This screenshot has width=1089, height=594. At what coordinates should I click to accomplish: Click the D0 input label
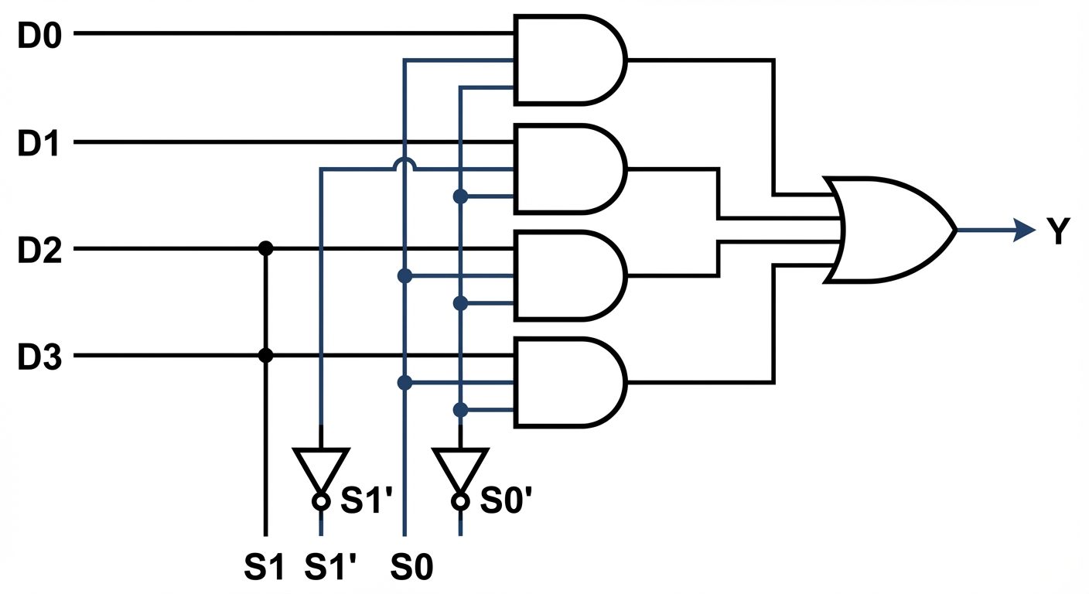click(39, 36)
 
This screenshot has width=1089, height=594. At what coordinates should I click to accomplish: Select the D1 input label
click(39, 144)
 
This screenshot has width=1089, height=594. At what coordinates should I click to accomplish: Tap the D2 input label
click(39, 250)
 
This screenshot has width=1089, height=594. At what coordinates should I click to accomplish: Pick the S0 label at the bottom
click(411, 569)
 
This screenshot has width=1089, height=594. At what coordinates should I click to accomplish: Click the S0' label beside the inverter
click(507, 501)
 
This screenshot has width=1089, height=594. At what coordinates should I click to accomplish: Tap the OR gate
click(889, 230)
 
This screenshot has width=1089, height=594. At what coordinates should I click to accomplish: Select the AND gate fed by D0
click(568, 60)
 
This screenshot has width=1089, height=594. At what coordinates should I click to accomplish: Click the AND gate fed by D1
click(568, 168)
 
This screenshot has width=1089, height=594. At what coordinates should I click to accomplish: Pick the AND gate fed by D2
click(568, 275)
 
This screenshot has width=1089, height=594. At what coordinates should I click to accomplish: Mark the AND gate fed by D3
click(568, 382)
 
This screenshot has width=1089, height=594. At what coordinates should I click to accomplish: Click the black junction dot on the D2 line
click(265, 248)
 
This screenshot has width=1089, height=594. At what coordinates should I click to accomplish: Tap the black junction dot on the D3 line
click(265, 356)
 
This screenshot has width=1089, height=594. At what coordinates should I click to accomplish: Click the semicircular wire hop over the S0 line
click(404, 164)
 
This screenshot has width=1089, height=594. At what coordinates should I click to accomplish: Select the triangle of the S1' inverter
click(321, 466)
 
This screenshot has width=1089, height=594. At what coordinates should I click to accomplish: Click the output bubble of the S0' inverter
click(460, 501)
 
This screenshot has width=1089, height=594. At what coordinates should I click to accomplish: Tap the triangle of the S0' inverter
click(460, 466)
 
